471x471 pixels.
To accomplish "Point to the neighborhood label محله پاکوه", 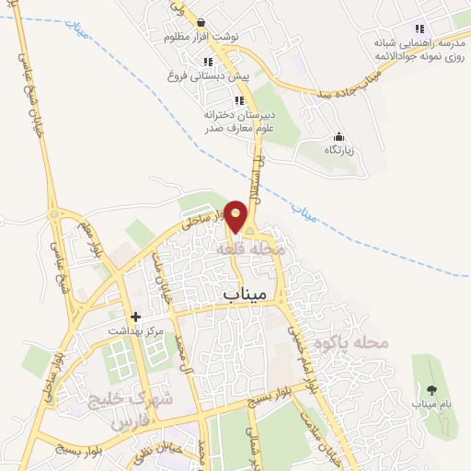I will pos(352,344).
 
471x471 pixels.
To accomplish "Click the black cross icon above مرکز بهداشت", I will pos(136,316).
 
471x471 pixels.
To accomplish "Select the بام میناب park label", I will pos(426,404).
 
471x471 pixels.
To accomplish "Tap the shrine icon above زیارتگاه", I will pos(339,135).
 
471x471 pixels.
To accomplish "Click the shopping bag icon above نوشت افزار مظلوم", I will pos(201,22).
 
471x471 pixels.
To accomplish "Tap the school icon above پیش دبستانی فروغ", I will pos(209,62).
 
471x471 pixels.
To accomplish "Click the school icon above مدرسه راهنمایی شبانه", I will pos(419,29).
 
